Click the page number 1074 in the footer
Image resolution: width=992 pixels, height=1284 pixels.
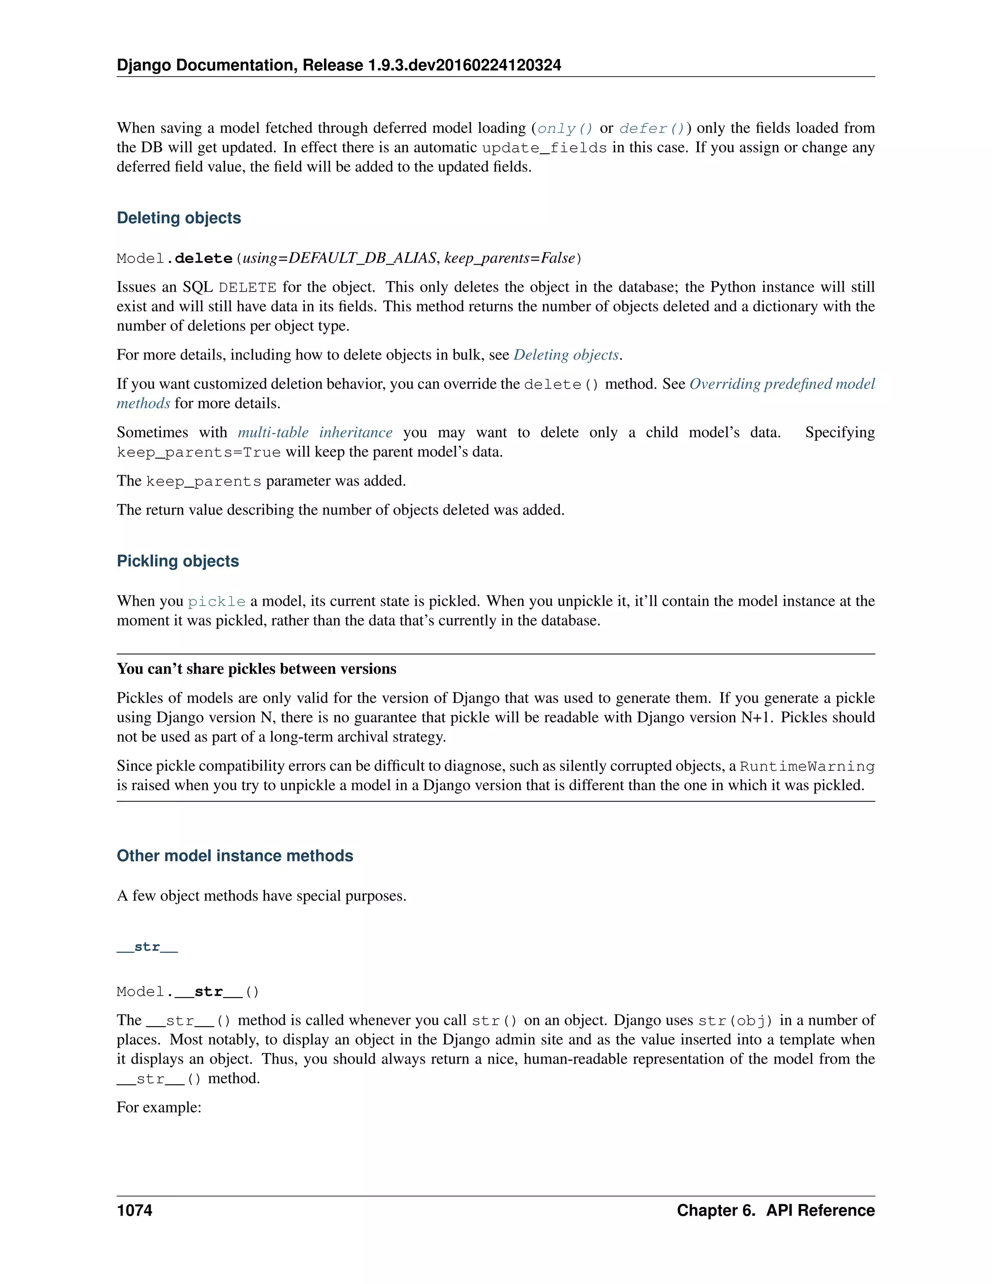coord(135,1210)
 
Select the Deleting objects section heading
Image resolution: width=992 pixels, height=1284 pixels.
coord(179,218)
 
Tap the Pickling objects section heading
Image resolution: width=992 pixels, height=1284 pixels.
coord(177,562)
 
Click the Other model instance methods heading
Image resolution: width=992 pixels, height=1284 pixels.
coord(234,856)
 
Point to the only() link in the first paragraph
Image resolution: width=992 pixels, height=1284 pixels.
coord(565,129)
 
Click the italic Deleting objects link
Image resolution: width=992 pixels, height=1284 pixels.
coord(566,355)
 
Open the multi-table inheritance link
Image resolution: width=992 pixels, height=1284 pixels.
coord(314,433)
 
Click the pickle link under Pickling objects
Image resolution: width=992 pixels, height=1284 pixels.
coord(216,602)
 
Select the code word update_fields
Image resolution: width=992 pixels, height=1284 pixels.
coord(543,148)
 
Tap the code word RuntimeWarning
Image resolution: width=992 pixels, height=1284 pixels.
coord(807,767)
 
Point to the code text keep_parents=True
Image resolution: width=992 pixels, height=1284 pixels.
coord(198,453)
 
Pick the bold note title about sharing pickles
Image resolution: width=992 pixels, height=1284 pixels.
coord(256,669)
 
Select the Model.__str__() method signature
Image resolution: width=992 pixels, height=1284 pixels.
coord(187,992)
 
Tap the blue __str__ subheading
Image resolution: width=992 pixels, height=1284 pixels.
coord(147,947)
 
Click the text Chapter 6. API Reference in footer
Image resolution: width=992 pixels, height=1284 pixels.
coord(775,1210)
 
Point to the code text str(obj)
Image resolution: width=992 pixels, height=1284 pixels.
coord(735,1020)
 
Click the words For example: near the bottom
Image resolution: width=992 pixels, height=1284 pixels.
coord(159,1108)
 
